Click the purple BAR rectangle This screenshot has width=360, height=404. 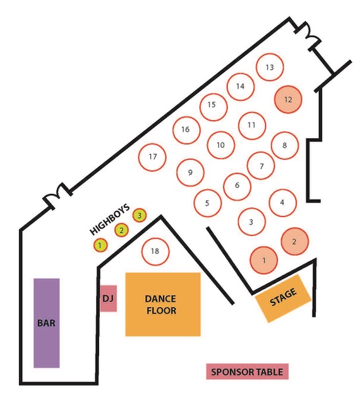pyautogui.click(x=47, y=323)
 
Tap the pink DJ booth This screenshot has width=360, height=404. pyautogui.click(x=109, y=299)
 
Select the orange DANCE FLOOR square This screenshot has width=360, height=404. pyautogui.click(x=163, y=304)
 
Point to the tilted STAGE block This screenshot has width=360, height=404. pyautogui.click(x=283, y=299)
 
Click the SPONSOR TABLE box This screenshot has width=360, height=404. pyautogui.click(x=248, y=372)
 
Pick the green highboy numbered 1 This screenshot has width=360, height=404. pyautogui.click(x=100, y=245)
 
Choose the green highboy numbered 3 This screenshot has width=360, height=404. pyautogui.click(x=140, y=215)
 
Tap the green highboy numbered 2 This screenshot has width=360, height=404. pyautogui.click(x=121, y=230)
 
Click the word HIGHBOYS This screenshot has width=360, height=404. pyautogui.click(x=109, y=220)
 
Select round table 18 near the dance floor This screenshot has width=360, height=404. pyautogui.click(x=155, y=251)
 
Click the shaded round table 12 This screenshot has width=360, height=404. pyautogui.click(x=288, y=100)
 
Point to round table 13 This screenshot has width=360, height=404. pyautogui.click(x=270, y=67)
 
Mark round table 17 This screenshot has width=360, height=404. pyautogui.click(x=152, y=157)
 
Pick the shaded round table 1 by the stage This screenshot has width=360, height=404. pyautogui.click(x=264, y=260)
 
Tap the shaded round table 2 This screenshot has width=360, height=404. pyautogui.click(x=294, y=242)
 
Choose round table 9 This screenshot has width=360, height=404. pyautogui.click(x=190, y=172)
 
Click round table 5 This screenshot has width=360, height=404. pyautogui.click(x=208, y=203)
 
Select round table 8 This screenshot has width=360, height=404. pyautogui.click(x=285, y=146)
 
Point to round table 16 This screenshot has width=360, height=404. pyautogui.click(x=186, y=130)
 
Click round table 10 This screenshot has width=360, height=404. pyautogui.click(x=221, y=145)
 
